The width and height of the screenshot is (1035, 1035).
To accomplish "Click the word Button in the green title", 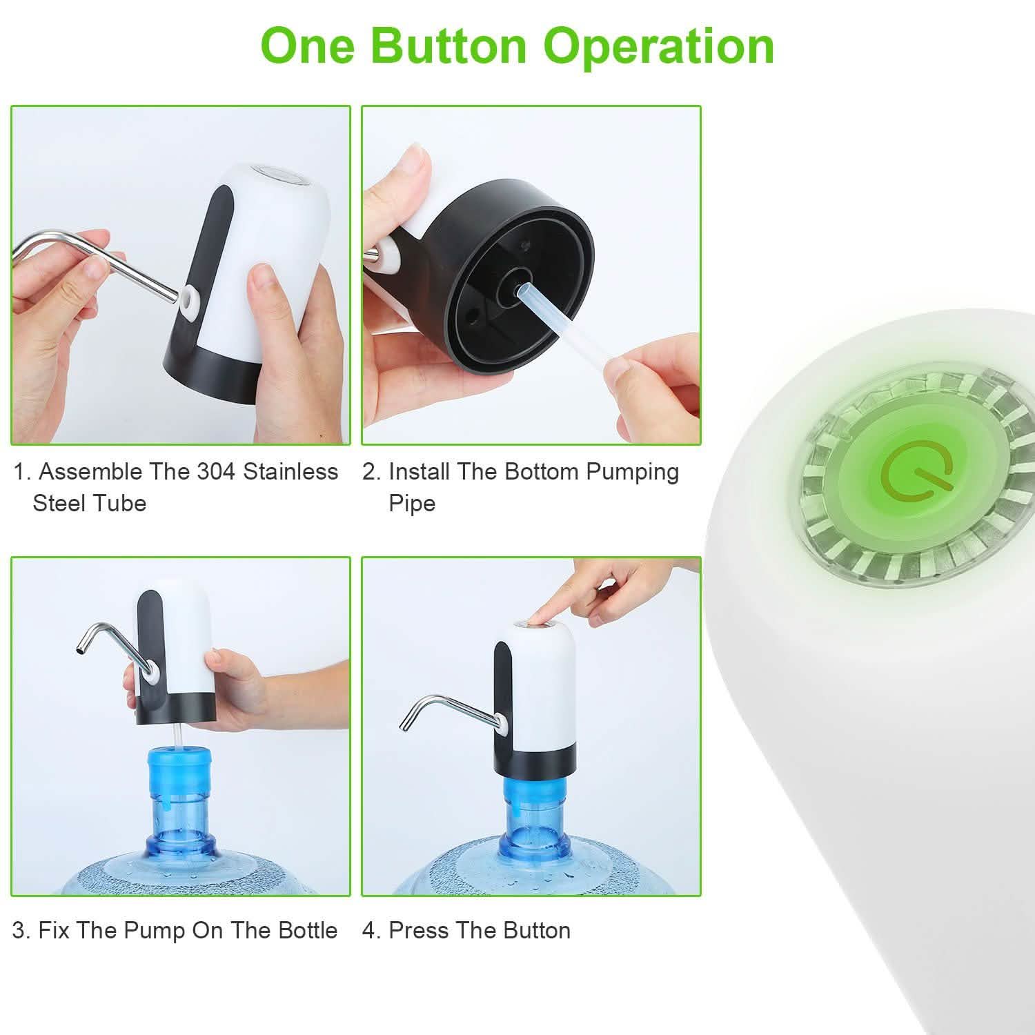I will pyautogui.click(x=449, y=46).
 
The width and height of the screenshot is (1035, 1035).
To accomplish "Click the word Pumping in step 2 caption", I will pyautogui.click(x=633, y=472).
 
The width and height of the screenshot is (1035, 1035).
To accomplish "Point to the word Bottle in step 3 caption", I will pyautogui.click(x=308, y=930).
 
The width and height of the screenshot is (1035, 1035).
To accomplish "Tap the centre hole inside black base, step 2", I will pyautogui.click(x=514, y=282).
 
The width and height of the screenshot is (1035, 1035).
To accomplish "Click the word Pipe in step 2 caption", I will pyautogui.click(x=412, y=503).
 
